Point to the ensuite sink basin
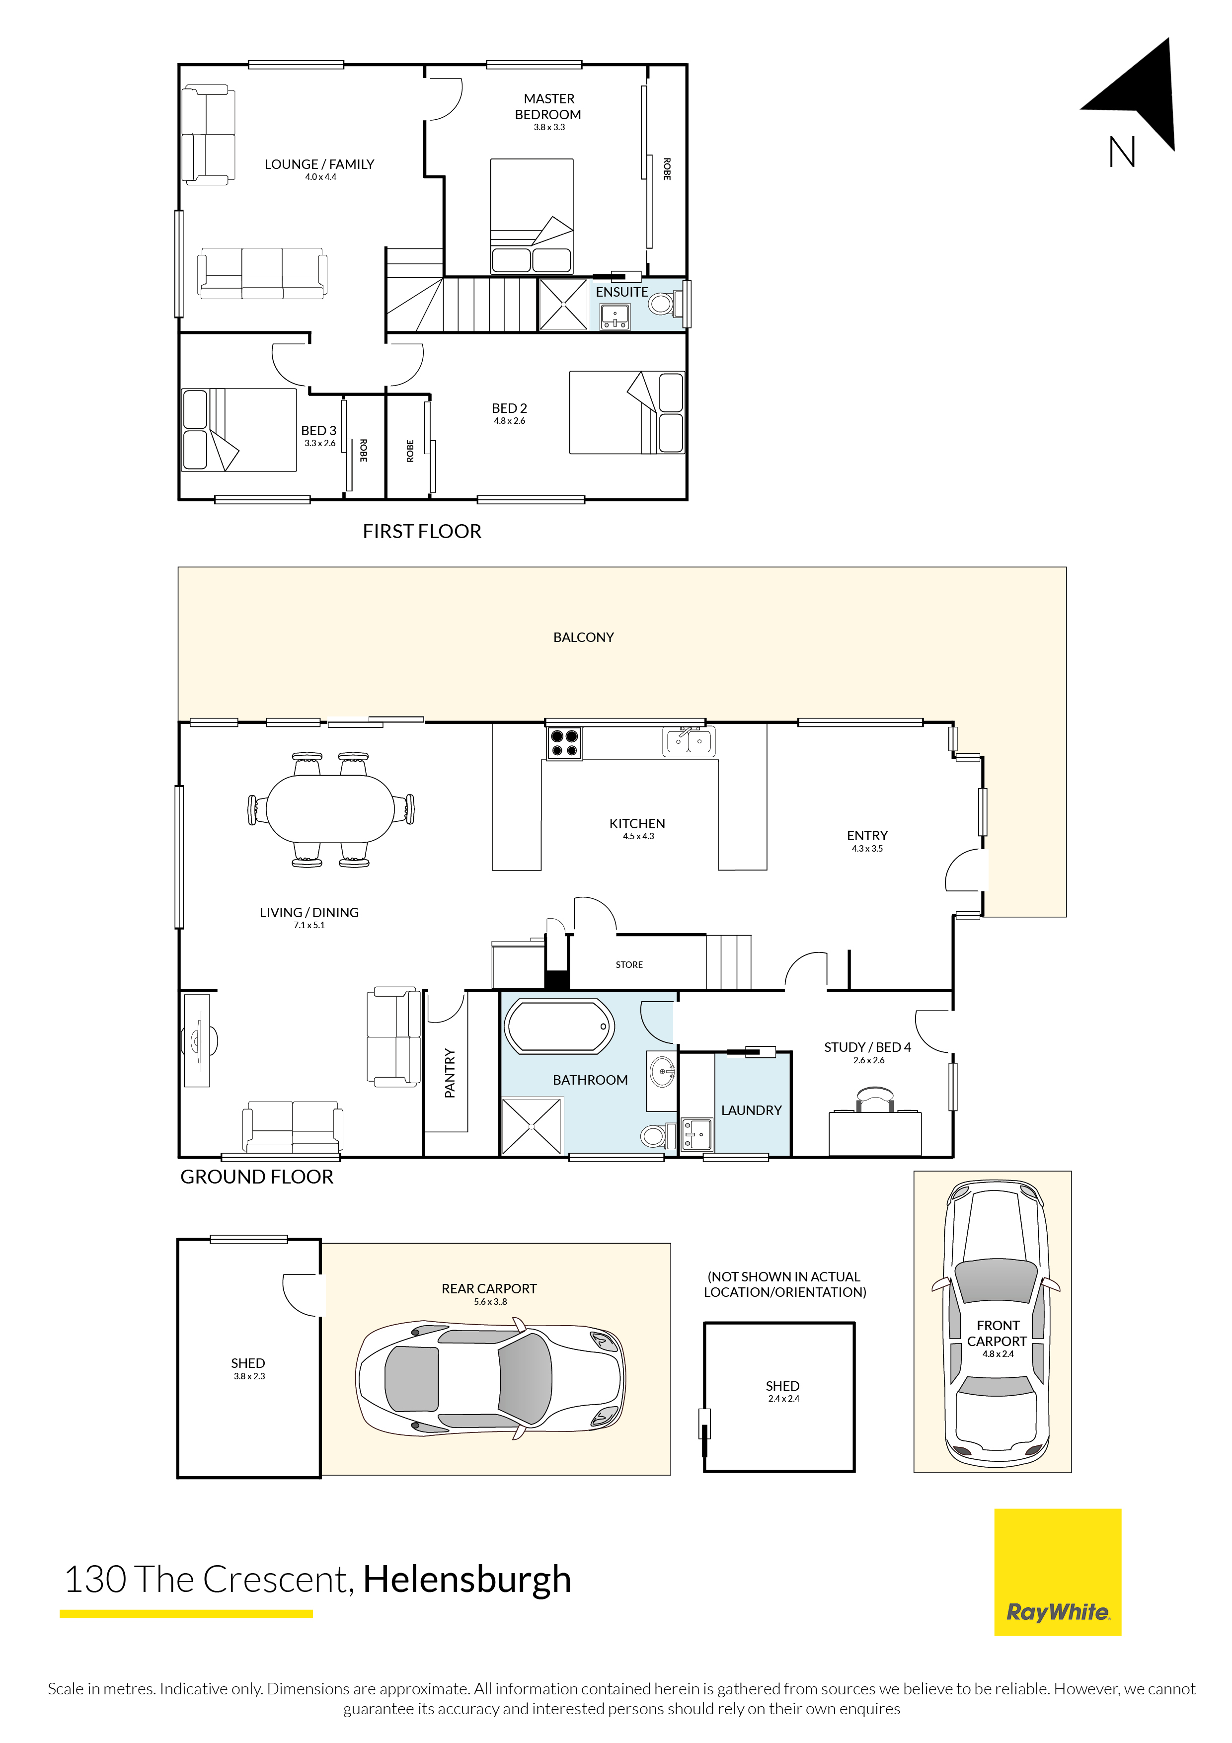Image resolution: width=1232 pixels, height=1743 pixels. [x=614, y=316]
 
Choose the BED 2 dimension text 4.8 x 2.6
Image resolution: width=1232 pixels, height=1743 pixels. [x=509, y=420]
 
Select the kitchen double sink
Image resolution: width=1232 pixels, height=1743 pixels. [x=689, y=741]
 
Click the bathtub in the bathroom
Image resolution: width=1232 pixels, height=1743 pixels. [x=559, y=1027]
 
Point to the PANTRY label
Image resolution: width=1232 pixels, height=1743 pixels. [x=450, y=1073]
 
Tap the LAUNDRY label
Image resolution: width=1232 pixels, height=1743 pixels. [x=751, y=1110]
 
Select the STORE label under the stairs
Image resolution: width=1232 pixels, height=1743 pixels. [x=628, y=965]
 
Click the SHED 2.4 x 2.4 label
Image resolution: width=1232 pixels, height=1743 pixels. [x=782, y=1391]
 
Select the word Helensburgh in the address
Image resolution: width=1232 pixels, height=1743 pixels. [x=467, y=1579]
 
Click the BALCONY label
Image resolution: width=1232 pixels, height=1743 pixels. [x=583, y=637]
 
